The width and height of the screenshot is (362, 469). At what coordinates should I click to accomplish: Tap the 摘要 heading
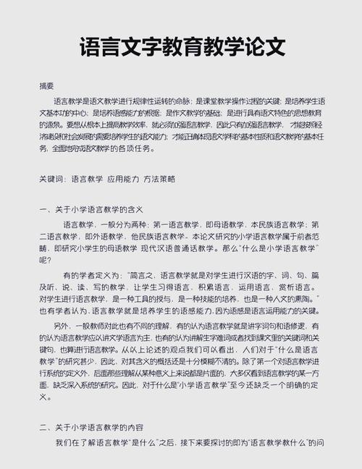pos(47,85)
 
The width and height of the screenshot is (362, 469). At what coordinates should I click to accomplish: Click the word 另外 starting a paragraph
pos(72,326)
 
